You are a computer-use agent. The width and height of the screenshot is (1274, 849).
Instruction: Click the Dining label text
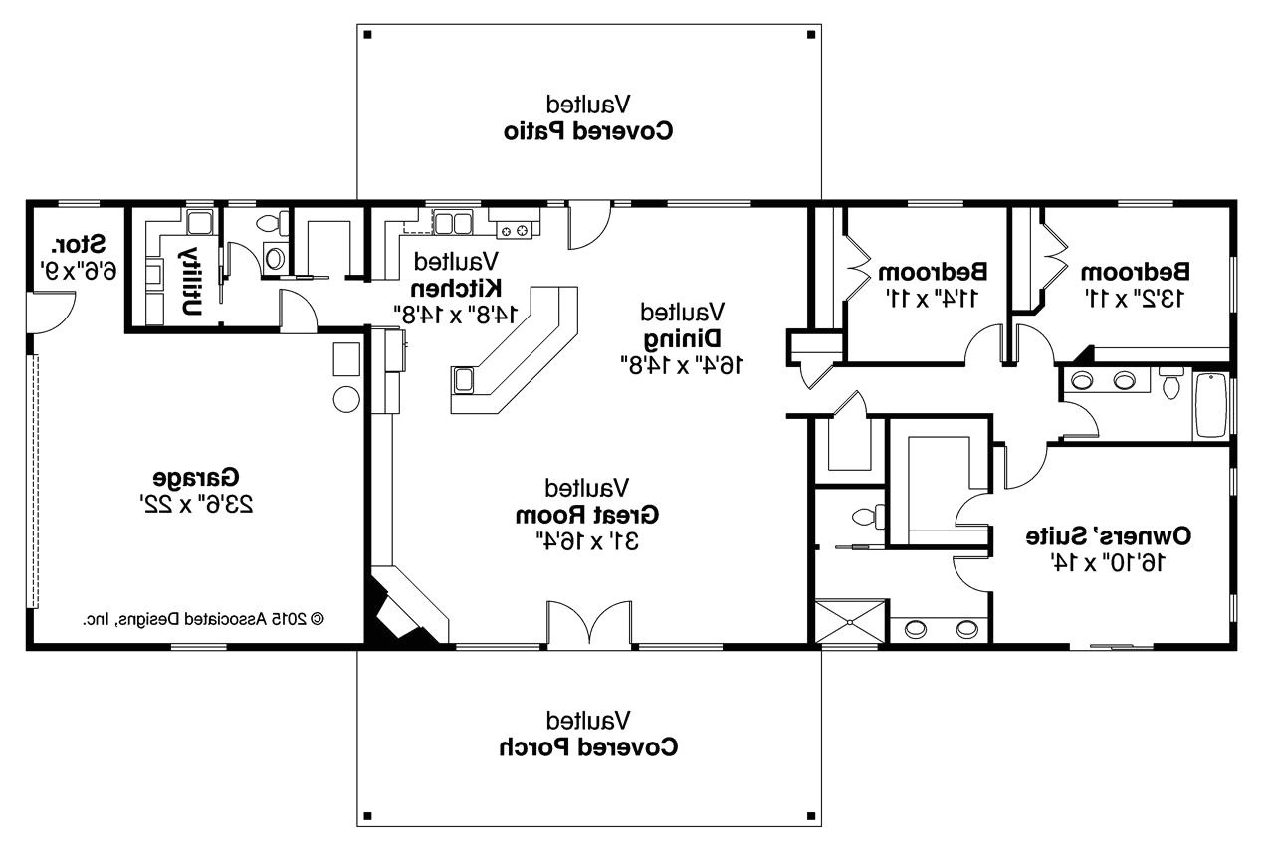point(682,337)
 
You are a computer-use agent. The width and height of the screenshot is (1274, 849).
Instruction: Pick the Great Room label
point(587,515)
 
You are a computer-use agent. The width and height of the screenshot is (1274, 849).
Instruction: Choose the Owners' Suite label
point(1110,536)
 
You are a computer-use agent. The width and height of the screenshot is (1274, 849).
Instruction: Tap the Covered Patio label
point(588,130)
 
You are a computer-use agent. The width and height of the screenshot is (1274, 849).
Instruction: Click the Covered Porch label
point(588,746)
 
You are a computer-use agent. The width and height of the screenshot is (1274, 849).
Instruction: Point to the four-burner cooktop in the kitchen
point(518,231)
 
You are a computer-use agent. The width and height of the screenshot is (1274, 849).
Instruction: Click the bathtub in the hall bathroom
point(1212,405)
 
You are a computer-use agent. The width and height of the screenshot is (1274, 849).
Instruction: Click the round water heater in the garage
point(345,399)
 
